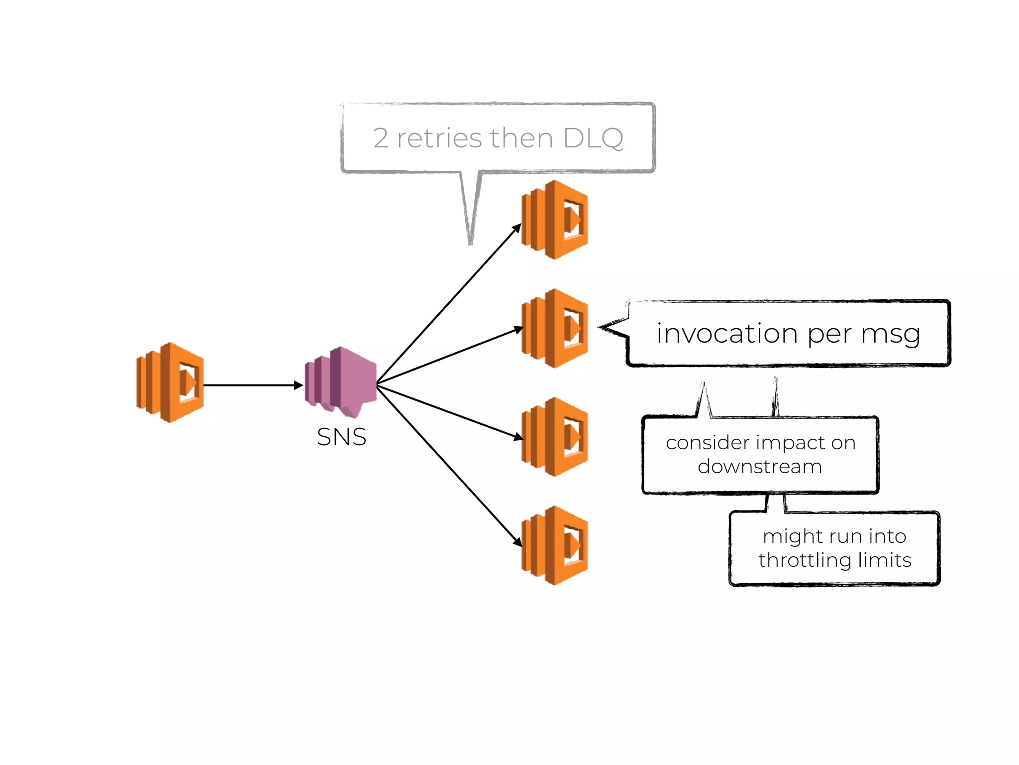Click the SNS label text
coord(341,437)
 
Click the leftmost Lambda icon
coord(171,382)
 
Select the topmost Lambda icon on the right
coord(555,220)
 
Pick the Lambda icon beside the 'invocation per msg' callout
coord(555,328)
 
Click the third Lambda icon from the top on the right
coord(555,437)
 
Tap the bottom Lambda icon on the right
coord(555,545)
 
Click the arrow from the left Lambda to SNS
coord(251,385)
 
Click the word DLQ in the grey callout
coord(593,138)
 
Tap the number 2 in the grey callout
coord(381,138)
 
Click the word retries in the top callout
coord(439,138)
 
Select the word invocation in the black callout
coord(727,333)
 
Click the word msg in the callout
coord(891,334)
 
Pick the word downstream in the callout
coord(760,467)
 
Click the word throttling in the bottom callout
coord(802,560)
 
